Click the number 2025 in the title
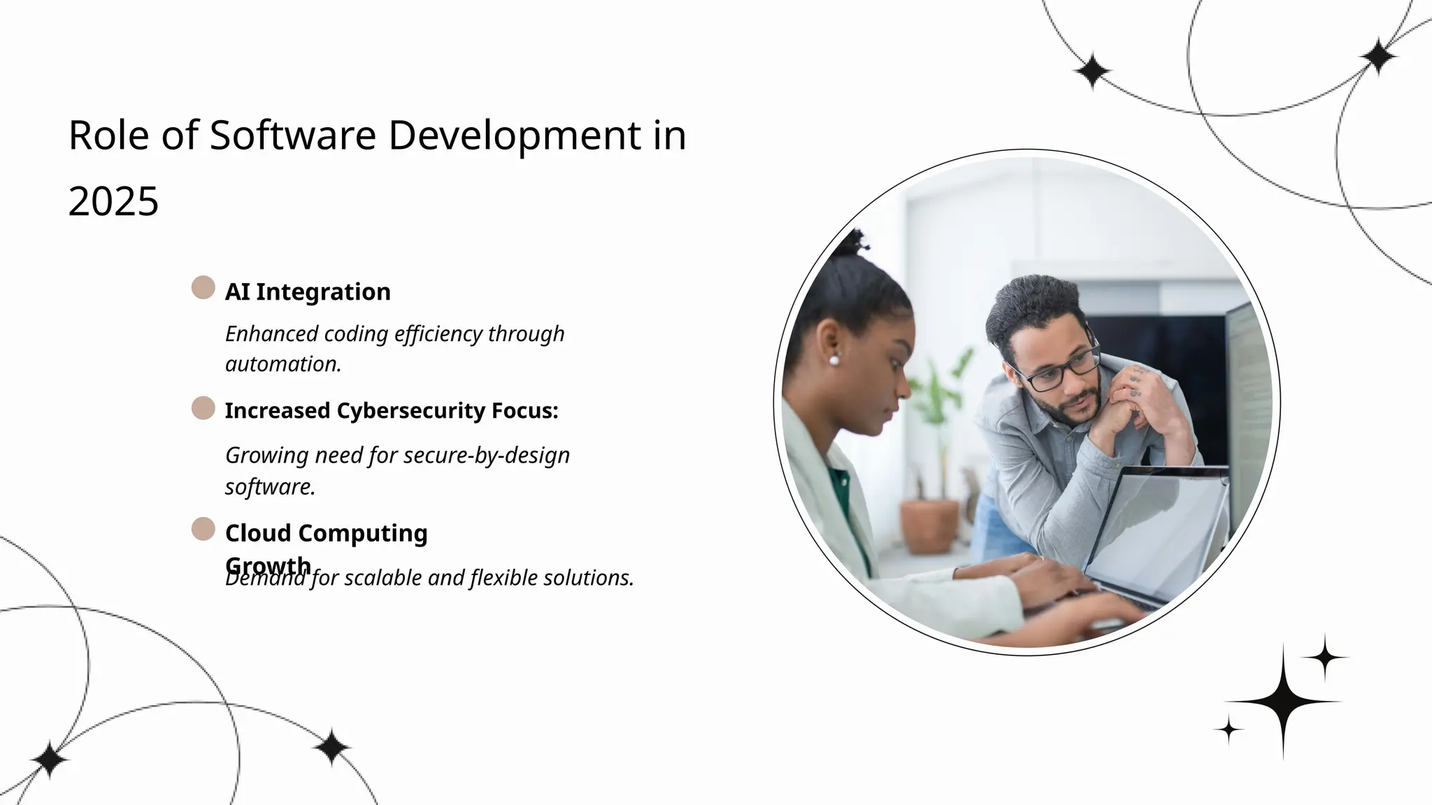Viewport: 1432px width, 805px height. pos(113,202)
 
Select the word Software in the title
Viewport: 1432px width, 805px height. pos(293,135)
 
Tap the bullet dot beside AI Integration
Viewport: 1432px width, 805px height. pos(203,287)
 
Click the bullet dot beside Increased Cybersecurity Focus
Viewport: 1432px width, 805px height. pos(203,408)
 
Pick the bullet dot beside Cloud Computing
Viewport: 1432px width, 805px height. pos(203,529)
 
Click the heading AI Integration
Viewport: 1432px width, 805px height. pos(308,291)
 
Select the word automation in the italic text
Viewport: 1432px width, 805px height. pos(282,364)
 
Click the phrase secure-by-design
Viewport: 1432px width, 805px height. pos(487,456)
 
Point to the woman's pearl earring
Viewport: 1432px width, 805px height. pos(833,361)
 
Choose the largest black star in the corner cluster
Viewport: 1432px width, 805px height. pos(1282,700)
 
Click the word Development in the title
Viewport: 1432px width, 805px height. pos(514,135)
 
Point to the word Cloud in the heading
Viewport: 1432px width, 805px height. pos(257,533)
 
